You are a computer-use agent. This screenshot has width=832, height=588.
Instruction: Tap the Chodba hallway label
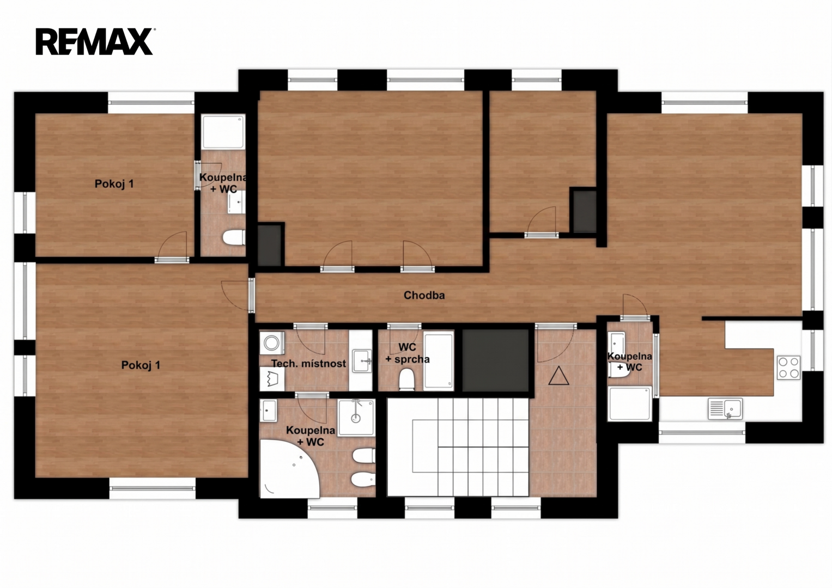(424, 296)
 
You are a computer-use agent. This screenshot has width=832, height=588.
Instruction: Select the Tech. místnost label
(308, 364)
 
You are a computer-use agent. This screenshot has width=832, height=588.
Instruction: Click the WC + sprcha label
(407, 353)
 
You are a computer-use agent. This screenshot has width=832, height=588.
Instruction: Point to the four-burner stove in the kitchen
(788, 367)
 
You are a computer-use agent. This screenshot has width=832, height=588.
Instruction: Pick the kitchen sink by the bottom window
(725, 408)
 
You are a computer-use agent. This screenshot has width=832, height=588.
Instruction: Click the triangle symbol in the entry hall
(558, 376)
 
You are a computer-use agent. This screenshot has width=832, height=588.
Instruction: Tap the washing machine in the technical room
(271, 343)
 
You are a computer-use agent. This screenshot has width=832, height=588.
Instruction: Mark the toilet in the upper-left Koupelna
(234, 238)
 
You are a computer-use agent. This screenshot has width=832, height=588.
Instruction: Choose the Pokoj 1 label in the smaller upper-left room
(114, 184)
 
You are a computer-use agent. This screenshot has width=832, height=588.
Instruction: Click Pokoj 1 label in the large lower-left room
(141, 365)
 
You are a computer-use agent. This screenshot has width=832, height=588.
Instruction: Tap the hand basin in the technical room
(362, 360)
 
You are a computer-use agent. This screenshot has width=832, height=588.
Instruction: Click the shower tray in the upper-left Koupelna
(223, 131)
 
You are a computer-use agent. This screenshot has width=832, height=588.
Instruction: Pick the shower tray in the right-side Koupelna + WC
(630, 403)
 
